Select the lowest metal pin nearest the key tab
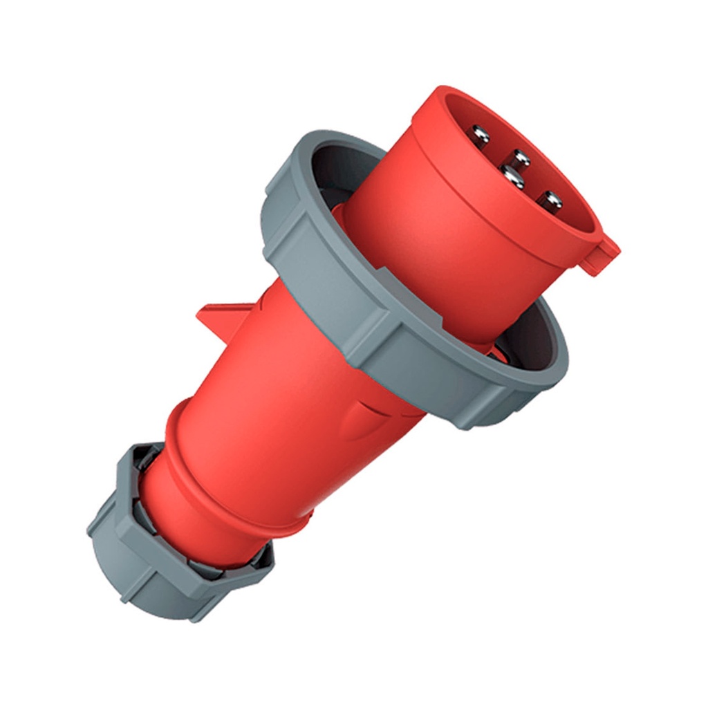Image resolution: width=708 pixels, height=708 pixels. click(x=551, y=201)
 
